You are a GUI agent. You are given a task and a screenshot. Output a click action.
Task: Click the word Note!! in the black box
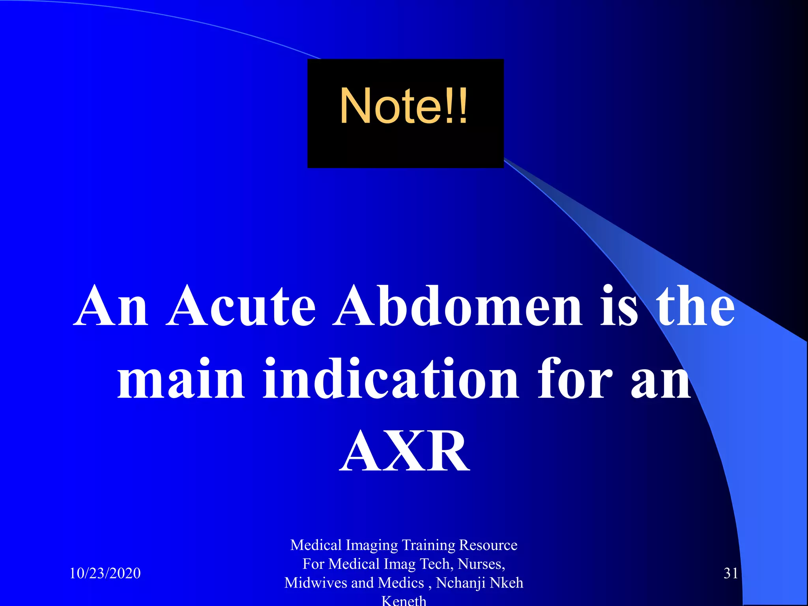point(404,106)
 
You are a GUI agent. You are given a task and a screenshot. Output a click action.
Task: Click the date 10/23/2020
point(105,573)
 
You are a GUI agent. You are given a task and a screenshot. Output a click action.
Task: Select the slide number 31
point(731,573)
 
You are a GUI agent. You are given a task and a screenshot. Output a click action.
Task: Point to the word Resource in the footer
point(488,545)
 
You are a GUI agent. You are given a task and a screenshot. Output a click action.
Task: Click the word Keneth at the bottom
point(404,600)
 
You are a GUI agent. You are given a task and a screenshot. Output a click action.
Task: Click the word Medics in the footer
point(401,583)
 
